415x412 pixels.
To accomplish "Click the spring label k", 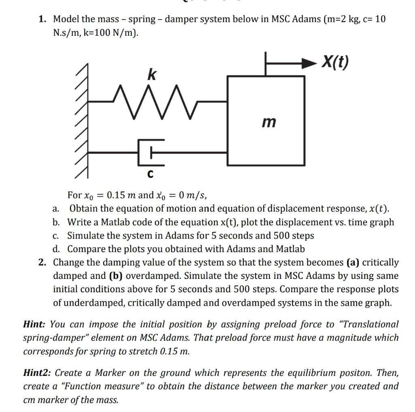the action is (151, 75).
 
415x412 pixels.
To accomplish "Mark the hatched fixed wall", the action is (82, 122).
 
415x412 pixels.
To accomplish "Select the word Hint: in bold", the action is (35, 324).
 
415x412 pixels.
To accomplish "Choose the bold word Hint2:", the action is (38, 373).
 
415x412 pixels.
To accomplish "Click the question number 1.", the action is (42, 19).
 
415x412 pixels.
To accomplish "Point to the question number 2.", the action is (42, 263).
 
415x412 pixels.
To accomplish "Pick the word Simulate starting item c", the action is (84, 235).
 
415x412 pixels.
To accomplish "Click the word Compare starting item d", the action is (85, 249).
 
